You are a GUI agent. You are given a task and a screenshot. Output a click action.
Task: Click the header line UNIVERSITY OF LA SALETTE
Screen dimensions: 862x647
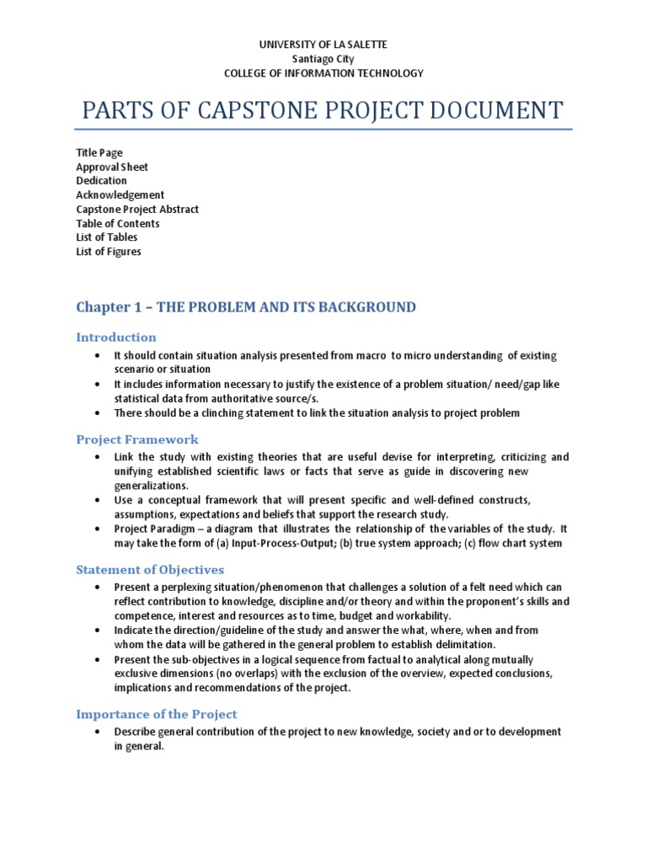pos(323,44)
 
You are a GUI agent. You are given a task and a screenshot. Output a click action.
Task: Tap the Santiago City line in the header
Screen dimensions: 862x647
pos(323,59)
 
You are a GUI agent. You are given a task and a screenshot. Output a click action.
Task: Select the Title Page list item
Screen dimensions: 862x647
pos(99,152)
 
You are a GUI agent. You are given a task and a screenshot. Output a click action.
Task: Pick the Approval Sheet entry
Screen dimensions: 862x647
pos(112,167)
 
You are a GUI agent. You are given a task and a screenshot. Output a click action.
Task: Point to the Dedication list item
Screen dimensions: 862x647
pos(102,180)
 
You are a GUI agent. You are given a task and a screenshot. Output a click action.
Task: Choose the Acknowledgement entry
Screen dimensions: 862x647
pos(120,194)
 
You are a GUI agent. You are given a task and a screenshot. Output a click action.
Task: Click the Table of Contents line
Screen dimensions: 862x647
pos(118,223)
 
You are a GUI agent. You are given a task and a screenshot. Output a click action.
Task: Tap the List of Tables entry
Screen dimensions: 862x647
pos(107,237)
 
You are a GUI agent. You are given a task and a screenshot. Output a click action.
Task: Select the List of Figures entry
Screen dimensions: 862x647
pos(109,251)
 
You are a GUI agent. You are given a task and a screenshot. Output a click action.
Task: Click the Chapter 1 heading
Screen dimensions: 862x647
pos(246,307)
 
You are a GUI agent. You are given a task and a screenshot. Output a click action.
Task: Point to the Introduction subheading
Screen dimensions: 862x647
pos(116,338)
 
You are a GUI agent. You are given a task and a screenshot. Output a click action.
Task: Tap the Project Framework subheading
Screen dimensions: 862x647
pos(137,439)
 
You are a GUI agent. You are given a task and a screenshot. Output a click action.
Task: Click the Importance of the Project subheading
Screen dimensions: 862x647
pos(157,714)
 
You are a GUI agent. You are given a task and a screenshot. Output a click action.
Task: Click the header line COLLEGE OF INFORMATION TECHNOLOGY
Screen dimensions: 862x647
pos(323,73)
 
